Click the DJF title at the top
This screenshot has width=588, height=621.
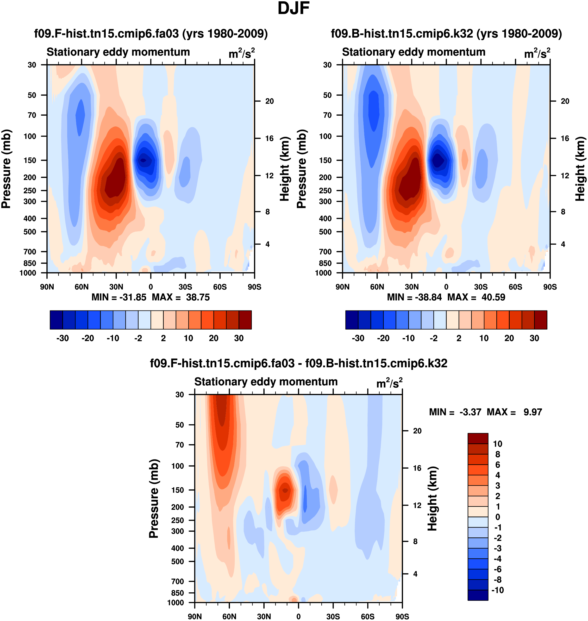pyautogui.click(x=293, y=8)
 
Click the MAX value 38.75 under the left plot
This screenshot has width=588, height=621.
pyautogui.click(x=198, y=297)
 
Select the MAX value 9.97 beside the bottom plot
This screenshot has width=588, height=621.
pyautogui.click(x=533, y=412)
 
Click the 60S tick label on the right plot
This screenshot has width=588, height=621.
pyautogui.click(x=515, y=287)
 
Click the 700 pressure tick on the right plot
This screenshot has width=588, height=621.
pyautogui.click(x=325, y=251)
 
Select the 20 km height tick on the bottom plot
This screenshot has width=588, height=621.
pyautogui.click(x=417, y=431)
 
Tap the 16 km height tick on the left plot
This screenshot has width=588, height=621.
pyautogui.click(x=269, y=138)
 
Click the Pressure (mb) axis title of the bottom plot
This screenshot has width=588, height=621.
pyautogui.click(x=154, y=498)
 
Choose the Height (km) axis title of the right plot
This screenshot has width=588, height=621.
pyautogui.click(x=580, y=169)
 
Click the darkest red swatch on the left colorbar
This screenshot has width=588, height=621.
pyautogui.click(x=245, y=320)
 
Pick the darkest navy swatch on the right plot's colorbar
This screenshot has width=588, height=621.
pyautogui.click(x=352, y=320)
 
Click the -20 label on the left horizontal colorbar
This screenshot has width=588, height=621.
pyautogui.click(x=88, y=338)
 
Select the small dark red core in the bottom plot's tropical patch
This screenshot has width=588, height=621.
pyautogui.click(x=285, y=490)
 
